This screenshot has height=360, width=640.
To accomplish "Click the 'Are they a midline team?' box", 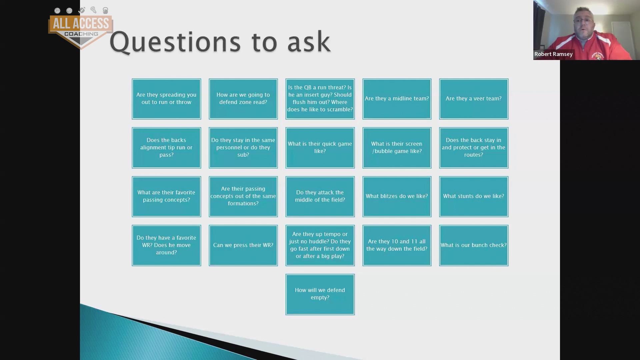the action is point(397,99).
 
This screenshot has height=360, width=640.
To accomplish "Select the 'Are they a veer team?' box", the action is point(474,99).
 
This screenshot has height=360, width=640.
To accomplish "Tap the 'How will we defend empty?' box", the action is point(320,294).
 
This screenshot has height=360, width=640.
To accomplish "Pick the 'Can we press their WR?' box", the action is point(243,245).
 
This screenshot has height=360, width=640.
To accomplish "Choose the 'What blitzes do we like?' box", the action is point(397,196).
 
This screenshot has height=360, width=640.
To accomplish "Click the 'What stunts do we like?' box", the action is point(474,196).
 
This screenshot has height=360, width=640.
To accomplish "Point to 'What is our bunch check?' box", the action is point(474,245).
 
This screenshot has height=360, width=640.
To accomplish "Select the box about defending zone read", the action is point(243,99).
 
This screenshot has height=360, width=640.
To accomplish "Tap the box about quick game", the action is point(320,148).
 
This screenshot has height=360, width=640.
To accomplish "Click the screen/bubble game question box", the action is point(397,148).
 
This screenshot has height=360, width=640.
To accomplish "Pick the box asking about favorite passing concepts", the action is point(166,196).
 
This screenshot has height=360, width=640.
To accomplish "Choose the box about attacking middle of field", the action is point(320,196).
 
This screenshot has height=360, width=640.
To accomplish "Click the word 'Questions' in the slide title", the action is point(175,42).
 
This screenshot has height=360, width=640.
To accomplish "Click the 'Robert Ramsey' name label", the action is point(553,54).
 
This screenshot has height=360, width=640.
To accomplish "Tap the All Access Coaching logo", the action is point(81,28).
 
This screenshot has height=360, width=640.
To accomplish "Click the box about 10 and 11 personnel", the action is point(397,245).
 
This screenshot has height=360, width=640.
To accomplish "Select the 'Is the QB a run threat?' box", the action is point(320,99).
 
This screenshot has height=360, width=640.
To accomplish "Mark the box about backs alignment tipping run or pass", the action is point(166,148).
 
